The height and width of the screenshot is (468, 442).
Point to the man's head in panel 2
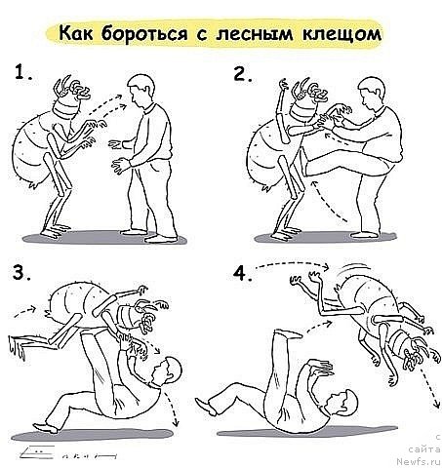(370, 94)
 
